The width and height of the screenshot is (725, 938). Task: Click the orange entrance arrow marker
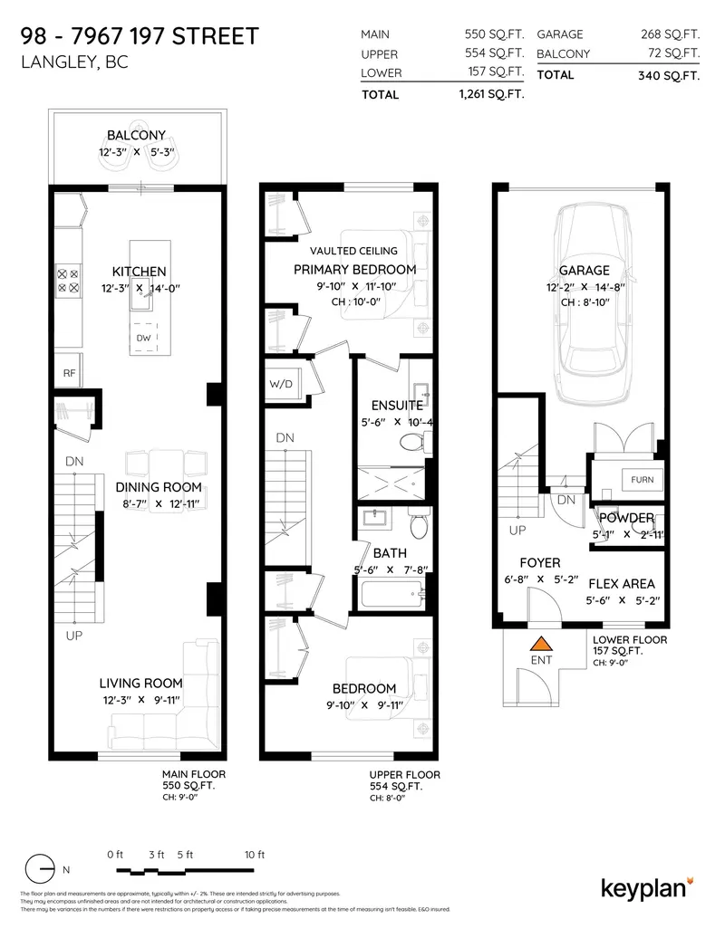click(x=541, y=645)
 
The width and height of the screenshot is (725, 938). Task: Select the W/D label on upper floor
click(x=282, y=383)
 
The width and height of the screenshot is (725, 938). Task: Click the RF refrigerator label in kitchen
click(x=69, y=372)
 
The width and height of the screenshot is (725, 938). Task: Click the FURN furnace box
click(x=641, y=479)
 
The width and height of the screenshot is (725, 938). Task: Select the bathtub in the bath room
click(x=391, y=596)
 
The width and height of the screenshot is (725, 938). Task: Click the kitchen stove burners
click(x=68, y=279)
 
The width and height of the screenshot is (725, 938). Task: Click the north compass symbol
click(x=41, y=870)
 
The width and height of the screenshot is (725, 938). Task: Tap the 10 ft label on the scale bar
click(x=254, y=854)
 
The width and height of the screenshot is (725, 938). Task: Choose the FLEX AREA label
click(x=621, y=584)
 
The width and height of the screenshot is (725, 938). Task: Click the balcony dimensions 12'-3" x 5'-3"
click(x=136, y=152)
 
